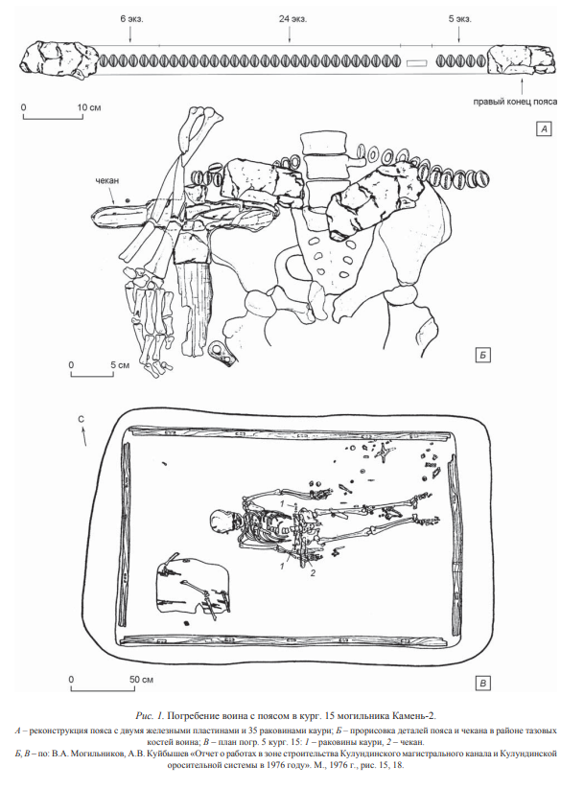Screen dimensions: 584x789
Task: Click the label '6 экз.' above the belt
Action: point(131,19)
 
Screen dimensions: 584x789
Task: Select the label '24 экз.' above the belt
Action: point(293,19)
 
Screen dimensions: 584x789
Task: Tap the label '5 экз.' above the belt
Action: point(459,19)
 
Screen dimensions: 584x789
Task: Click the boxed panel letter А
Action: point(544,129)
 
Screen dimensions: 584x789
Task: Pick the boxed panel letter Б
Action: point(481,356)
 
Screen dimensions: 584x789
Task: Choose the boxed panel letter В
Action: point(482,683)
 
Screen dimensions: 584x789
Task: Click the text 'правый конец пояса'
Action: point(515,102)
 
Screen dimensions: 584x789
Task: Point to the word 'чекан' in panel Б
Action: point(107,180)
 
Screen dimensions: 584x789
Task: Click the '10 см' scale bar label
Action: point(88,107)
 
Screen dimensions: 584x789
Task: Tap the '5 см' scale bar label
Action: point(120,364)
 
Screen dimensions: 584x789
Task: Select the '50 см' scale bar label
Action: point(142,680)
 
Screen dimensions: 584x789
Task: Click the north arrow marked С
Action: point(82,434)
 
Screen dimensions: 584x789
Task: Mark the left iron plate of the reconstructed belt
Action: point(58,59)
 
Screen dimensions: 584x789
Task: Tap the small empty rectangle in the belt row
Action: point(416,63)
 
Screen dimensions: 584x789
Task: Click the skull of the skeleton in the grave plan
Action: point(222,523)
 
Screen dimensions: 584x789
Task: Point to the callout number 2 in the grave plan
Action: point(313,573)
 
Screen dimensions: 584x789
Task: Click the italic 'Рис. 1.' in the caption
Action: point(150,715)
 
